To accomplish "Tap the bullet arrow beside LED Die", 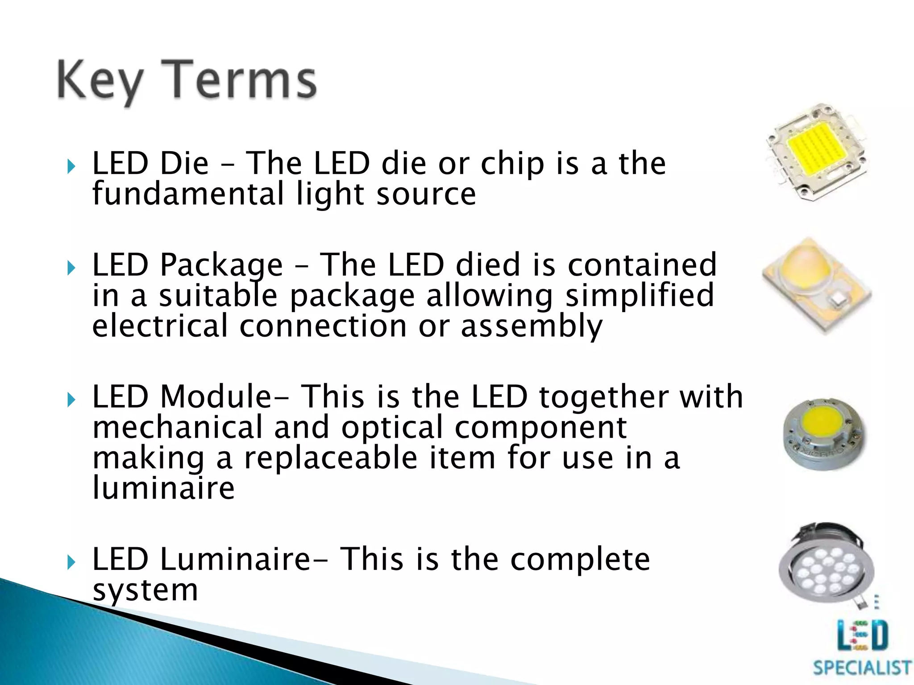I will click(x=71, y=167).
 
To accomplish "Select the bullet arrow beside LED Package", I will click(x=71, y=268).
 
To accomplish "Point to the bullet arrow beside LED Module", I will click(x=71, y=400).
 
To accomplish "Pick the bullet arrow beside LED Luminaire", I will click(x=71, y=563).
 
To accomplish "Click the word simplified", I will click(x=640, y=296).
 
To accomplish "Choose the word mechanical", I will click(x=177, y=427).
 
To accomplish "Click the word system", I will click(x=145, y=590).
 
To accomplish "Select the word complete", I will click(x=580, y=559).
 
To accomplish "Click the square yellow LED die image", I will click(x=817, y=152).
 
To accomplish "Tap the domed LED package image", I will click(x=817, y=285).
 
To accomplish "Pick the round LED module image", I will click(x=824, y=433).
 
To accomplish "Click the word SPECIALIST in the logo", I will click(x=862, y=668).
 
